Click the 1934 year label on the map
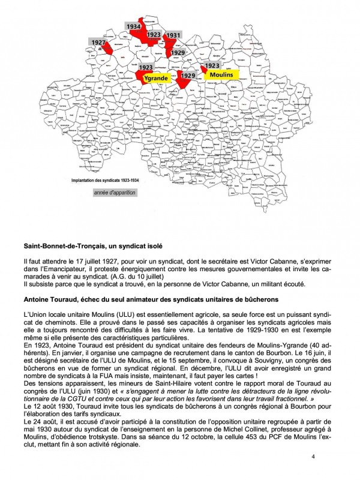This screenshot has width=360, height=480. point(134,27)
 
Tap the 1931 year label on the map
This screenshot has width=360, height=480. point(173,35)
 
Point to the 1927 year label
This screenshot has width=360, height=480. point(98,43)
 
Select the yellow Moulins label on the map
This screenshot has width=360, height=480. point(223,74)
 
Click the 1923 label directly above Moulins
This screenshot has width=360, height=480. point(211,65)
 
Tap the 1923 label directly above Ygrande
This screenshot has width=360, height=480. point(146,68)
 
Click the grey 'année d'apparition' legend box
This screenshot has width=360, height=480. point(115,193)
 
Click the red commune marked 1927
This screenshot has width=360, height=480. point(108,49)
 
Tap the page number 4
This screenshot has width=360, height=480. point(313,457)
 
